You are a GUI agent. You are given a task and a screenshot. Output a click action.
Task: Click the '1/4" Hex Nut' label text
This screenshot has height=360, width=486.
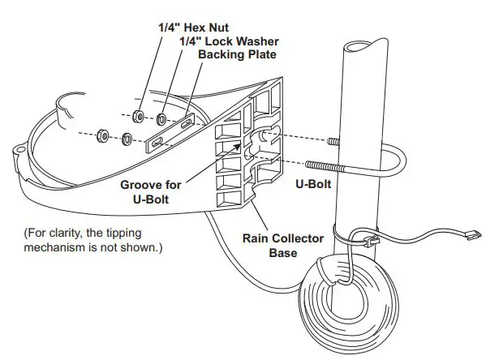[x=194, y=27]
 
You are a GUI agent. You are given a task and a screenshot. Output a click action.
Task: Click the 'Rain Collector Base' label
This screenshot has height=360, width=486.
[x=282, y=246]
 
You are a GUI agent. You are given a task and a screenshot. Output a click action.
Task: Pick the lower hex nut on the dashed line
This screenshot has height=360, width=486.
[x=103, y=135]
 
